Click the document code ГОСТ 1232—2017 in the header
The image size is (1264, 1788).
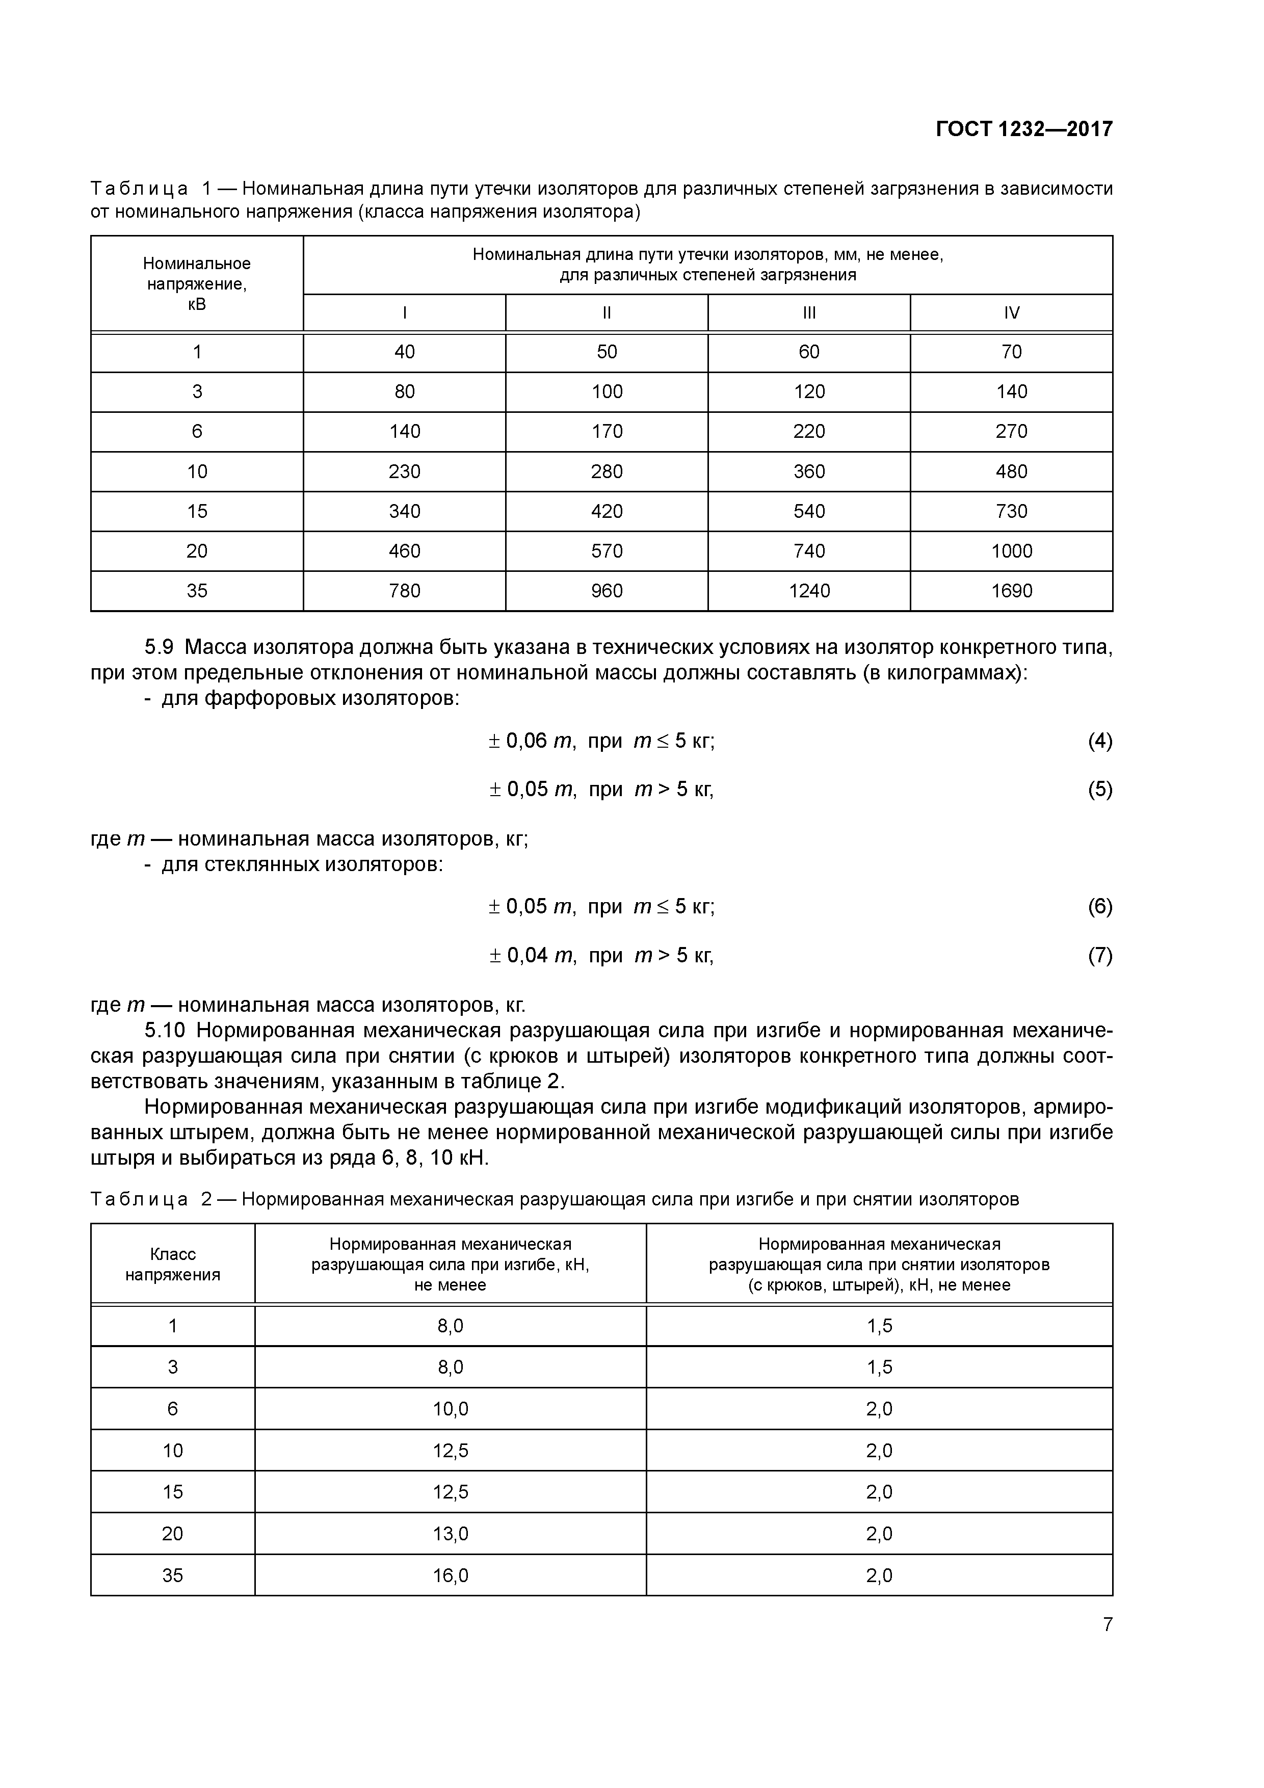click(1023, 128)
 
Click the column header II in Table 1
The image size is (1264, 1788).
click(607, 313)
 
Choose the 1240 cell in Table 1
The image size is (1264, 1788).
click(809, 591)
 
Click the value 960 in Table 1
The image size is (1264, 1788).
click(607, 591)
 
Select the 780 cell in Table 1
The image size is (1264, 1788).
click(404, 591)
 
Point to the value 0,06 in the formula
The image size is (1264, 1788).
click(527, 741)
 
